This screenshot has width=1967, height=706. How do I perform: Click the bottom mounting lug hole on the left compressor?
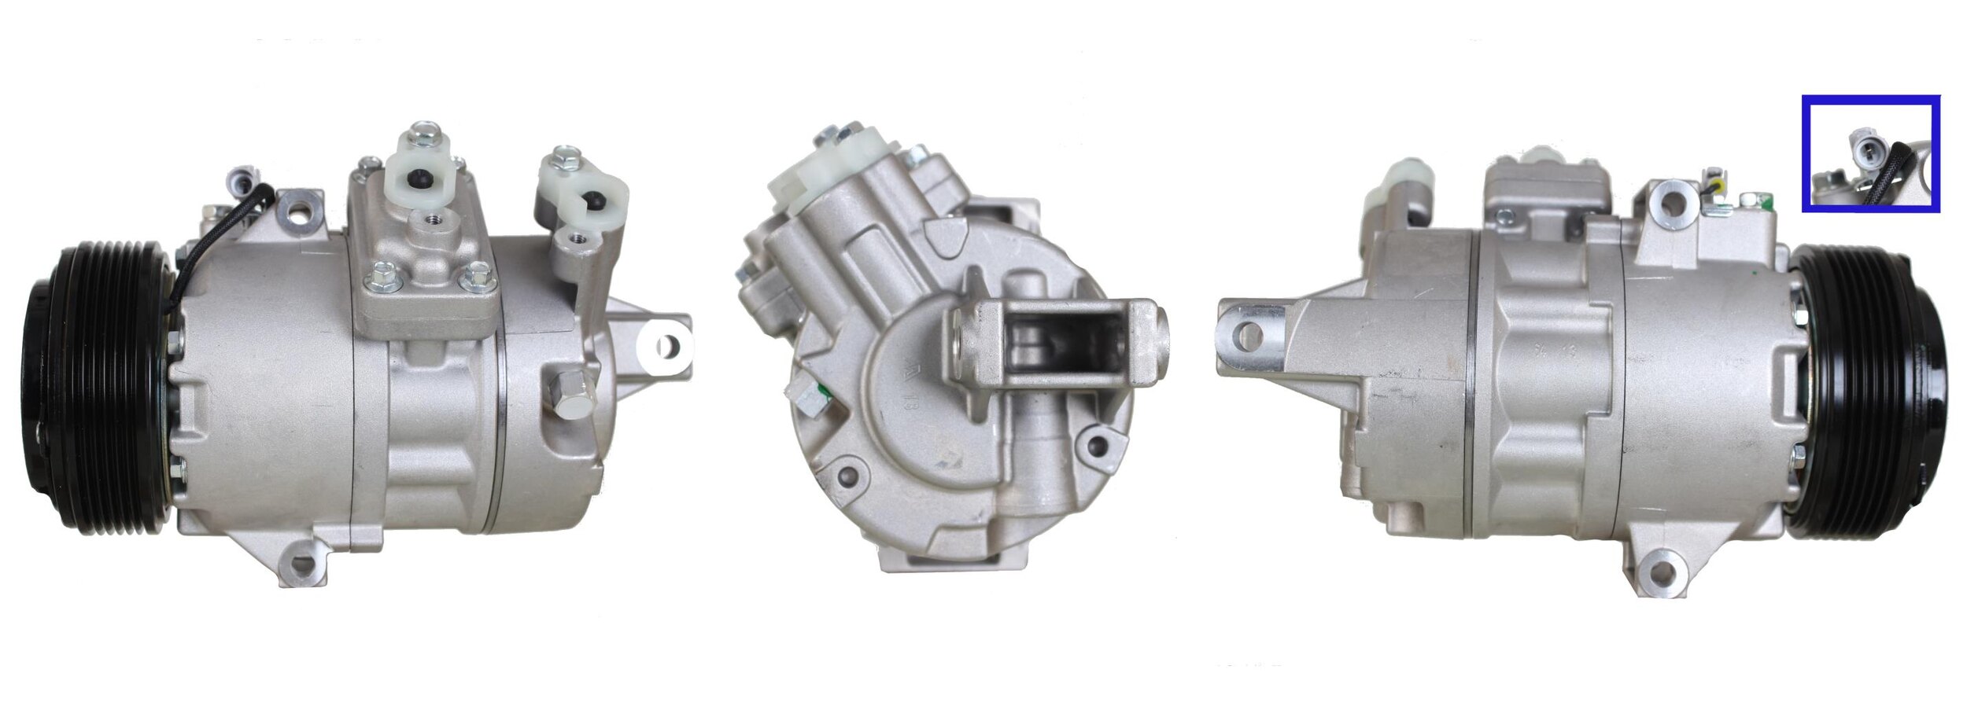302,564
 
